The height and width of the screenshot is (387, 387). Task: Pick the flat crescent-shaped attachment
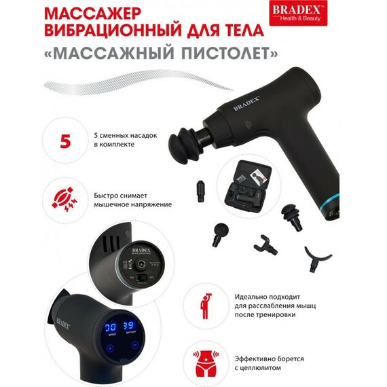click(317, 257)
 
